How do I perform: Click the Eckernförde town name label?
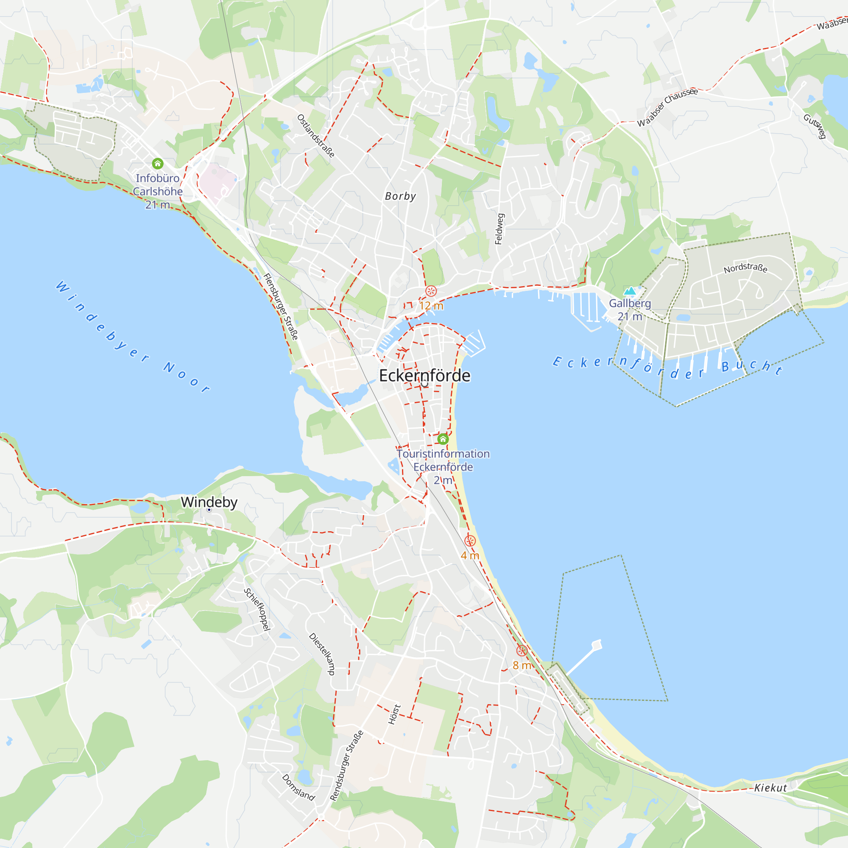tap(424, 376)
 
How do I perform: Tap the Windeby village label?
tap(209, 502)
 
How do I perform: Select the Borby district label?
tap(400, 196)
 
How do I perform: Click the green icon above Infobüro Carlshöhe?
tap(158, 164)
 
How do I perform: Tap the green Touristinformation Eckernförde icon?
tap(443, 439)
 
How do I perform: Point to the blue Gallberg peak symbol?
tap(630, 290)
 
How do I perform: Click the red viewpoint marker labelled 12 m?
tap(431, 291)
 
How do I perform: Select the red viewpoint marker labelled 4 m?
tap(470, 541)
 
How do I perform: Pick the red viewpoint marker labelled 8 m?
tap(522, 650)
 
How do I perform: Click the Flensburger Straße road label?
tap(281, 307)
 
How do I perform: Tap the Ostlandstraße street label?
tap(316, 136)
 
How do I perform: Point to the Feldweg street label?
tap(499, 229)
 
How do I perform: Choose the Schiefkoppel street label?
tap(257, 609)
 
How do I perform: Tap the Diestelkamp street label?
tap(322, 654)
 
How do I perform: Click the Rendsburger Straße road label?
tap(347, 765)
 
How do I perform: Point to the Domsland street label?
tap(298, 787)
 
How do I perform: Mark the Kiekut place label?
tap(771, 788)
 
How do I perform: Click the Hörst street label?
tap(395, 714)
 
